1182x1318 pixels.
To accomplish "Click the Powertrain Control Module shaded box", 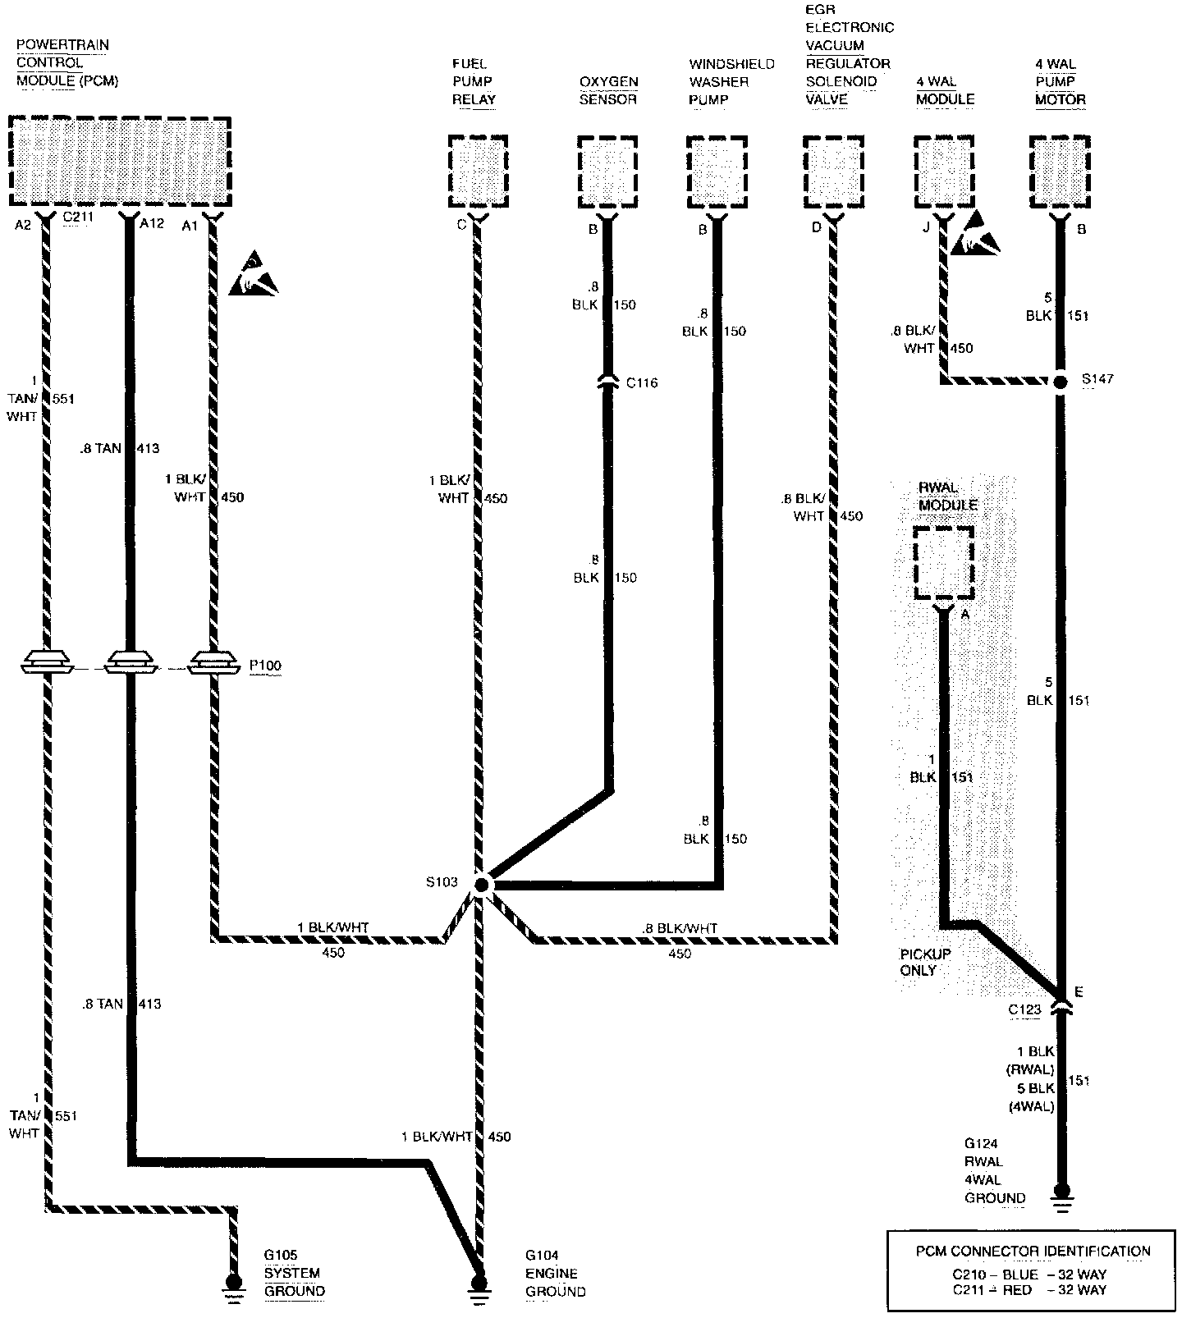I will (120, 161).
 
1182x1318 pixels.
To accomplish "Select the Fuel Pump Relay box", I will (479, 171).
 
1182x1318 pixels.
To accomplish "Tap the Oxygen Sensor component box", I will (607, 171).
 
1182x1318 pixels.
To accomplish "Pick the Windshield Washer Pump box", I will (717, 171).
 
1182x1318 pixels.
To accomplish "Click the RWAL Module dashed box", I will (944, 562).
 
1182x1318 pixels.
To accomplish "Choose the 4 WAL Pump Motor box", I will (1060, 171).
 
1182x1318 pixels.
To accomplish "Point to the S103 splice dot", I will (481, 884).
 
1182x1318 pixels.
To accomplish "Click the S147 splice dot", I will (1061, 382).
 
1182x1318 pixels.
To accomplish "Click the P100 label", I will (265, 666).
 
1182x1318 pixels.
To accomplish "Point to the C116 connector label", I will (641, 383).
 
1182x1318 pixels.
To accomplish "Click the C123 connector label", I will (1024, 1009).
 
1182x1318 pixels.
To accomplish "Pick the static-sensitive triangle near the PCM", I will (254, 276).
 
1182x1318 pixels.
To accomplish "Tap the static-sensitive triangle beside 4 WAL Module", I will (977, 233).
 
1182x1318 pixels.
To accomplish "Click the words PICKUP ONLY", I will (925, 962).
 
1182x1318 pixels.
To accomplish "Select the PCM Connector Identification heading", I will (1033, 1252).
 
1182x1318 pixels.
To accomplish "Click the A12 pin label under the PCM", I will (153, 224).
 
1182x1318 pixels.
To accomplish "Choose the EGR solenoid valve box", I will (833, 171).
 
